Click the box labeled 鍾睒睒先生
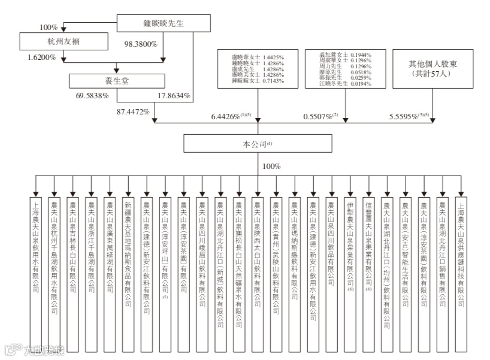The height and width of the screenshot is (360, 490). point(163,23)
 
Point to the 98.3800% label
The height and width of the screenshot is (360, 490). point(141,44)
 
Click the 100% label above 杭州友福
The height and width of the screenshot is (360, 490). point(48,27)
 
